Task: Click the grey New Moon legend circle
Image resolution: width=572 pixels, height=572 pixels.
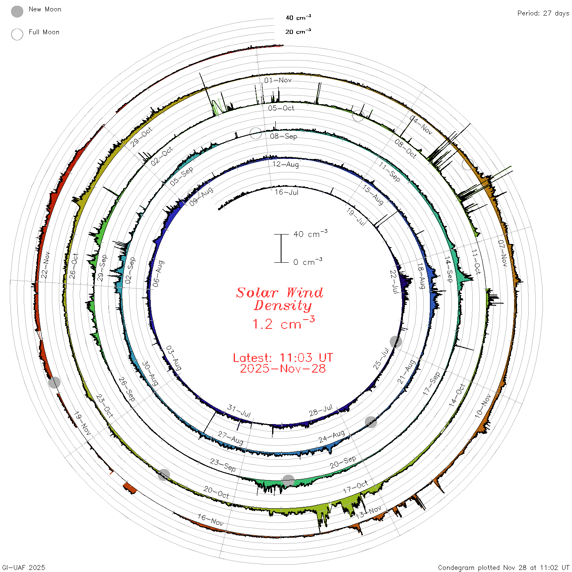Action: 17,11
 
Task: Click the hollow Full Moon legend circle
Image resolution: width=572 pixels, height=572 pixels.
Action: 17,34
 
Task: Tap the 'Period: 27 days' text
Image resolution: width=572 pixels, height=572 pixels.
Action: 543,13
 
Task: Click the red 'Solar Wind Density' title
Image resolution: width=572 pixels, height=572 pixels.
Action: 279,299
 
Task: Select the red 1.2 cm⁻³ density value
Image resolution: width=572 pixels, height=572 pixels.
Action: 283,323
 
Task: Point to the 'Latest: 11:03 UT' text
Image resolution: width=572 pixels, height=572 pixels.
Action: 283,357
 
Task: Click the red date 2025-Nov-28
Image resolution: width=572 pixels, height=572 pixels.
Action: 283,369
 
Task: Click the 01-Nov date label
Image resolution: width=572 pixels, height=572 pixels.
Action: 278,80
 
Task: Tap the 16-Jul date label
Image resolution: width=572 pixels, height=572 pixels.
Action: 286,192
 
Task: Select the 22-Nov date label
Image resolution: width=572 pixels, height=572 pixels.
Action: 45,265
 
